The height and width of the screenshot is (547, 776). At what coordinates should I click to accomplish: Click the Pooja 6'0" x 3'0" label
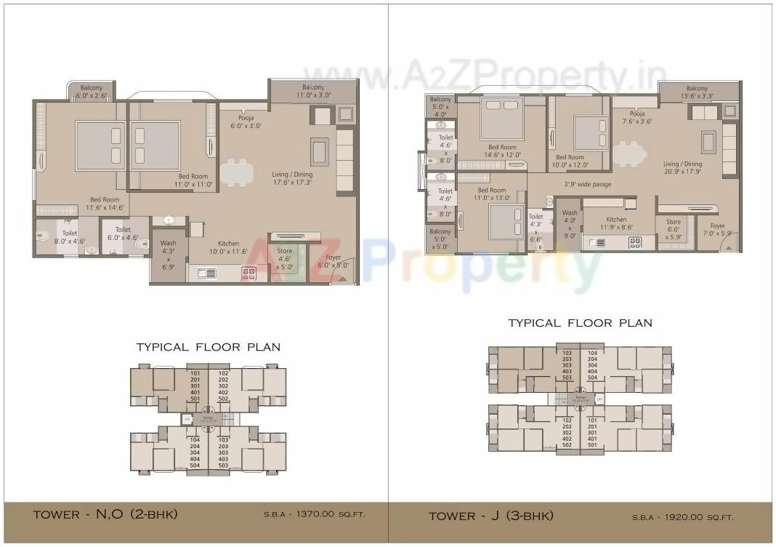coord(246,121)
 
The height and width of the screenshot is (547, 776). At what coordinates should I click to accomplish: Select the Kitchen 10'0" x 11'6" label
coord(228,248)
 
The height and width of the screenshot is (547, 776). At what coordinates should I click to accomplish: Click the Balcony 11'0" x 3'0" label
coord(312,90)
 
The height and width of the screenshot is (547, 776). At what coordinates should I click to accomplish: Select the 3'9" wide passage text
coord(588,185)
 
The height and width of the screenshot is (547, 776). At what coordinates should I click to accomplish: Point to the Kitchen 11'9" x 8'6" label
coord(616,223)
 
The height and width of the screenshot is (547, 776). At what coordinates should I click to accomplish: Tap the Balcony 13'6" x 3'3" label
coord(697,92)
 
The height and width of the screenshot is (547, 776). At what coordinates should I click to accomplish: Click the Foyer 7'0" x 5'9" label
coord(717,230)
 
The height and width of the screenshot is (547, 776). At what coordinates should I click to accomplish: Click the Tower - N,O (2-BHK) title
coord(105,515)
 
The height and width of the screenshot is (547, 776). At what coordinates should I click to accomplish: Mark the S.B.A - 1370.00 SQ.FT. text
coord(314,515)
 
